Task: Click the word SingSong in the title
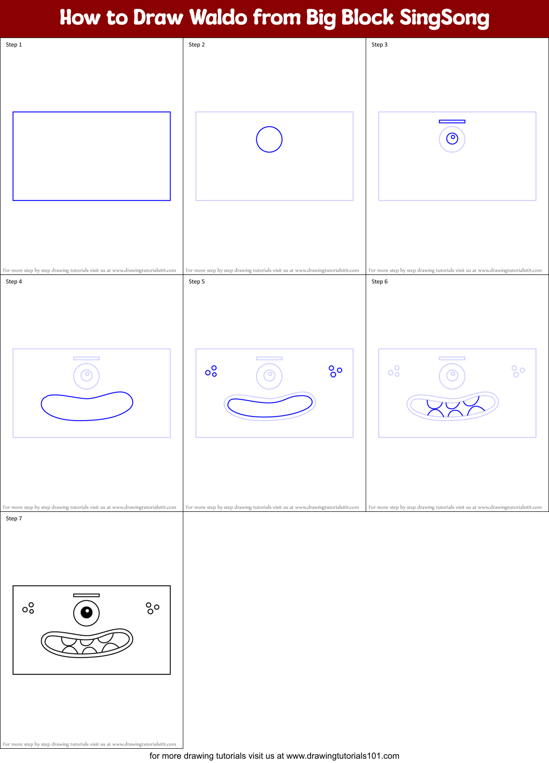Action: pyautogui.click(x=444, y=18)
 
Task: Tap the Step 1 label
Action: pyautogui.click(x=14, y=45)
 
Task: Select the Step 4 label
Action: pyautogui.click(x=14, y=282)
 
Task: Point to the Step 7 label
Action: pyautogui.click(x=14, y=518)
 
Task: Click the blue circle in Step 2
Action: pyautogui.click(x=269, y=140)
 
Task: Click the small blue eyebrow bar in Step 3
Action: pyautogui.click(x=452, y=122)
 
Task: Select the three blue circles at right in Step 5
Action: pyautogui.click(x=335, y=371)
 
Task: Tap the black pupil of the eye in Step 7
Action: pyautogui.click(x=86, y=612)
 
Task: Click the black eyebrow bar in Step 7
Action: pyautogui.click(x=86, y=595)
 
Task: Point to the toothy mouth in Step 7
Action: pyautogui.click(x=87, y=643)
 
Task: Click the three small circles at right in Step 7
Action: pyautogui.click(x=152, y=608)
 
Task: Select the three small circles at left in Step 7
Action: pyautogui.click(x=28, y=608)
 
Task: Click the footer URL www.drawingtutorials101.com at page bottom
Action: pyautogui.click(x=342, y=756)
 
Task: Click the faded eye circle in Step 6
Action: pyautogui.click(x=452, y=376)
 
